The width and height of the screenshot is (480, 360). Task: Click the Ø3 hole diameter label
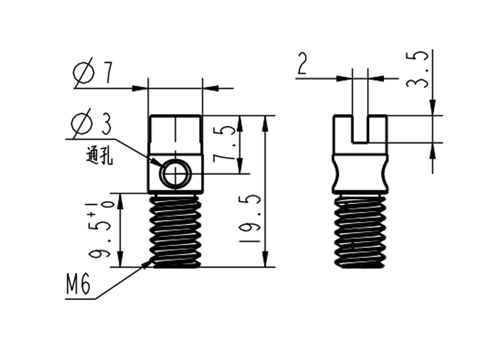click(91, 123)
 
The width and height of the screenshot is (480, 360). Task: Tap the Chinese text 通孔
click(99, 157)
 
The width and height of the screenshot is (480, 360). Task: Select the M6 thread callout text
click(79, 284)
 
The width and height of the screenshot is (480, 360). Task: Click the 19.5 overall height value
click(250, 218)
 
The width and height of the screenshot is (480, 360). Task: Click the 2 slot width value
click(302, 64)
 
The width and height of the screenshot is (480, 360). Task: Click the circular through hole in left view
click(176, 174)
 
